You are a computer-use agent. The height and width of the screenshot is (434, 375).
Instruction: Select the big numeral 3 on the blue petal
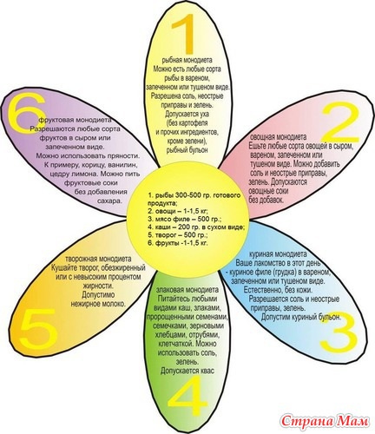pyautogui.click(x=339, y=333)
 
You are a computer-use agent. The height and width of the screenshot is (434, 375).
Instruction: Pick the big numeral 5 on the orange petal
pyautogui.click(x=38, y=328)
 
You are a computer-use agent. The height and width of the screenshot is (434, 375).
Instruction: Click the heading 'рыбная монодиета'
pyautogui.click(x=187, y=60)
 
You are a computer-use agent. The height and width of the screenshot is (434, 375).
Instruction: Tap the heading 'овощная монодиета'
pyautogui.click(x=278, y=136)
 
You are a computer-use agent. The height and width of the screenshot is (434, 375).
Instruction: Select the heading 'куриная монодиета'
pyautogui.click(x=278, y=254)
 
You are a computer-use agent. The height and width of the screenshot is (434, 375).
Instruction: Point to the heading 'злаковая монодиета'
pyautogui.click(x=187, y=290)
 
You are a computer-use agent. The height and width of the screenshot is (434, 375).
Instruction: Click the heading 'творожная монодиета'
pyautogui.click(x=98, y=259)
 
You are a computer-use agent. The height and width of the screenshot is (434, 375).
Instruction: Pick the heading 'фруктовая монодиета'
pyautogui.click(x=75, y=120)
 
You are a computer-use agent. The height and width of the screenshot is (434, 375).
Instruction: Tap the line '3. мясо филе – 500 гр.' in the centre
pyautogui.click(x=185, y=219)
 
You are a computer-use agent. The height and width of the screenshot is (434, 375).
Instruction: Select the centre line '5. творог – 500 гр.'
pyautogui.click(x=178, y=234)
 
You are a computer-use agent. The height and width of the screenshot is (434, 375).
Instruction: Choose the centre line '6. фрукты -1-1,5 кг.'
pyautogui.click(x=178, y=243)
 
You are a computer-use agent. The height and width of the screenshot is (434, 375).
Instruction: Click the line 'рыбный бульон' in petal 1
pyautogui.click(x=187, y=150)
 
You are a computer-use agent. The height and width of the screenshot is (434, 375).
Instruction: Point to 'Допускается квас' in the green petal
pyautogui.click(x=187, y=371)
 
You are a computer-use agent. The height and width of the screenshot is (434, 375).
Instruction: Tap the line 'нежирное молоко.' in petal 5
pyautogui.click(x=98, y=304)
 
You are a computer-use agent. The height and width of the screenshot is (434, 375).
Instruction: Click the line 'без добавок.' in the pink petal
pyautogui.click(x=266, y=201)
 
